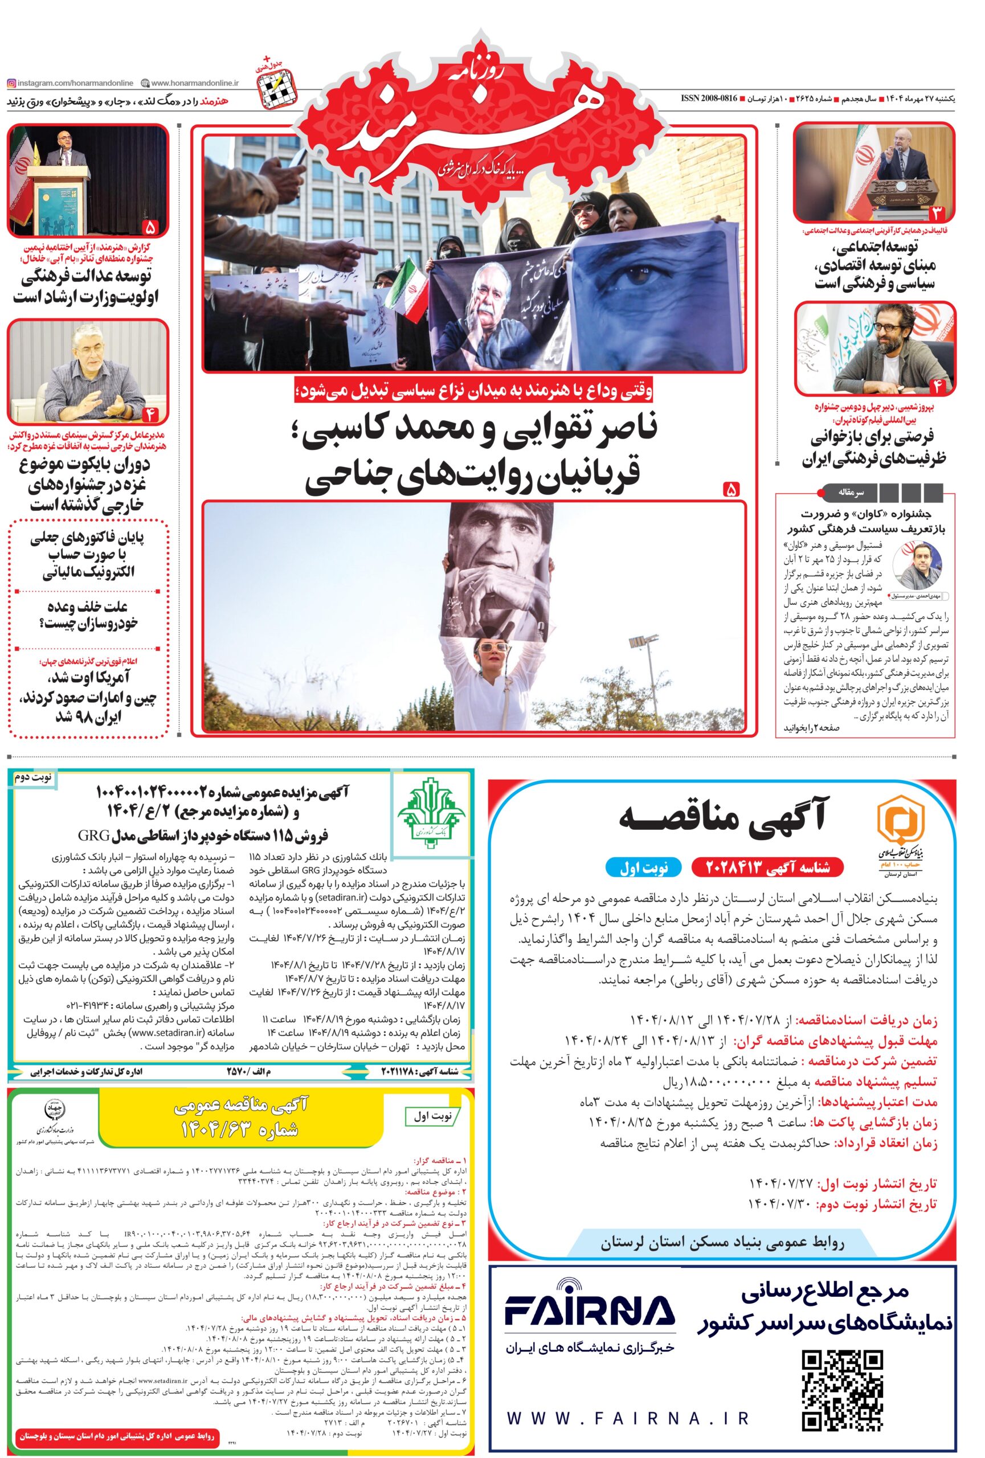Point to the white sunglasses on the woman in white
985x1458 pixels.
coord(490,647)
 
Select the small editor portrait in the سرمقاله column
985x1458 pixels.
coord(917,567)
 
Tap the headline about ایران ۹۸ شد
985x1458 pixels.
coord(87,698)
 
